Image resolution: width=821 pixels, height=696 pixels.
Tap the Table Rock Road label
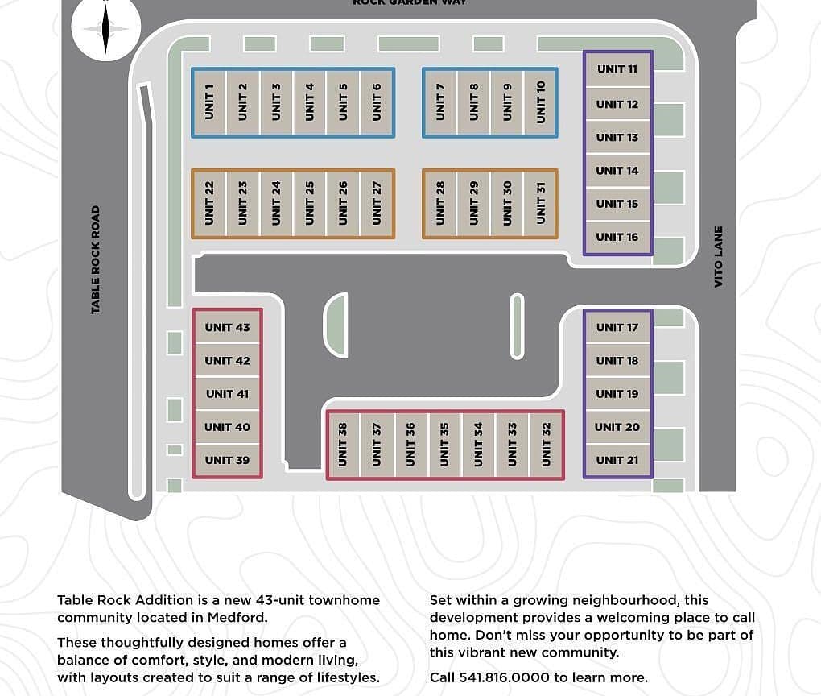point(95,260)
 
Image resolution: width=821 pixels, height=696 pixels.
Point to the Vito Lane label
point(718,257)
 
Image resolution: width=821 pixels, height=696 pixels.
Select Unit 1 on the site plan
point(209,103)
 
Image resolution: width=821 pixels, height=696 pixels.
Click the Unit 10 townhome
point(541,103)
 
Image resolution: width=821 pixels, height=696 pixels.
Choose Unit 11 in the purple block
point(618,69)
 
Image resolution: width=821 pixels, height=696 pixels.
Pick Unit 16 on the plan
point(618,238)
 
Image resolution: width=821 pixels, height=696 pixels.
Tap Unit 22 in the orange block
point(209,204)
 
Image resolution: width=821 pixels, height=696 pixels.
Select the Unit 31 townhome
point(541,204)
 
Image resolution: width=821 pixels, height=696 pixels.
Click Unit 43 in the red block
point(227,328)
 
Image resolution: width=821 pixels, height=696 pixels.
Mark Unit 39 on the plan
point(227,460)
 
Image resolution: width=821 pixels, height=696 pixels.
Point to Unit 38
point(343,445)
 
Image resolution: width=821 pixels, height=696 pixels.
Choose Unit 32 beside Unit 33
point(547,445)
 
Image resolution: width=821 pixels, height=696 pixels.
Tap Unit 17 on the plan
point(618,328)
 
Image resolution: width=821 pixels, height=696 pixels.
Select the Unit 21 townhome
point(618,460)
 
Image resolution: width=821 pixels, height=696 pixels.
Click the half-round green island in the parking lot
point(336,325)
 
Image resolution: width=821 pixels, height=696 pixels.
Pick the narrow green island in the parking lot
point(517,326)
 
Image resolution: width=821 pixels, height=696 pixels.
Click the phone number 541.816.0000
point(504,677)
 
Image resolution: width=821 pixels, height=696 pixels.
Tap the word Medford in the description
point(237,617)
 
